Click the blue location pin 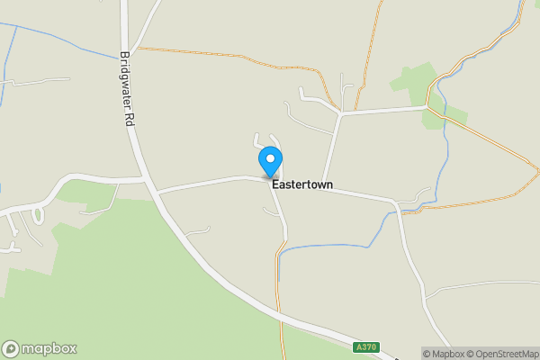pos(269,162)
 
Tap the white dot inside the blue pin pos(269,158)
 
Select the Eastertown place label pos(302,184)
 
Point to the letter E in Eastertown pos(275,184)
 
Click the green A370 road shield pos(365,347)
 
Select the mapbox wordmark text pos(50,349)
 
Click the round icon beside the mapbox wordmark pos(12,349)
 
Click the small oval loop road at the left pos(38,216)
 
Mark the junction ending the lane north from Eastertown pos(339,114)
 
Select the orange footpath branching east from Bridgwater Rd pos(225,55)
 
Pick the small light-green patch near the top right pos(412,82)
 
